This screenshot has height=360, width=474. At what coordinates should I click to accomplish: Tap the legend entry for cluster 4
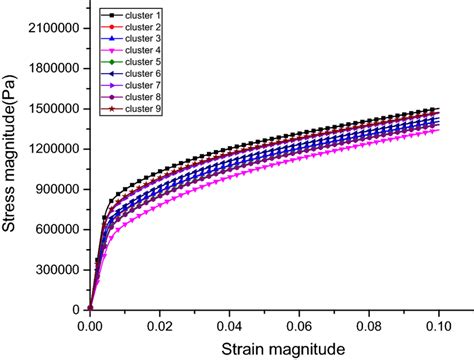134,52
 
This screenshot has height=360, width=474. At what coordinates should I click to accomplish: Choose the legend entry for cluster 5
134,63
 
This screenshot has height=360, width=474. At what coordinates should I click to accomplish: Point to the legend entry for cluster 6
134,74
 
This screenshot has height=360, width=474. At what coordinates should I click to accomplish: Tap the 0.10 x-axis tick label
438,325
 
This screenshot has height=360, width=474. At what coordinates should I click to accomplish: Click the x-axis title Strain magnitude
265,347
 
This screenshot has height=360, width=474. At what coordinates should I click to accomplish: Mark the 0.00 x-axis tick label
90,325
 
